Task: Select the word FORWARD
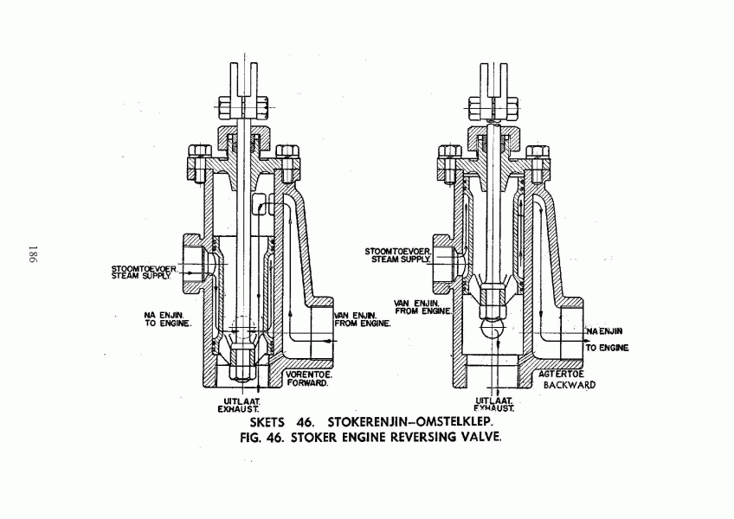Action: (x=307, y=383)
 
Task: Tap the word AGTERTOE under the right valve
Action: (x=561, y=375)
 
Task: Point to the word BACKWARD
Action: (x=570, y=385)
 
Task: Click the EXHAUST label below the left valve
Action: (x=238, y=409)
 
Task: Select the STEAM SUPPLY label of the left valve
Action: (x=141, y=276)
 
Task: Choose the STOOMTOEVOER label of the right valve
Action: (x=398, y=252)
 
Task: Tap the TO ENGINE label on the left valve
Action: (x=168, y=324)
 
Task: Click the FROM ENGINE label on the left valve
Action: (x=363, y=324)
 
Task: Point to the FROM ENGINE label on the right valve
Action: (x=423, y=311)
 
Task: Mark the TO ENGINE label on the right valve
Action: (x=607, y=348)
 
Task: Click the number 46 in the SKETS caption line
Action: (x=306, y=422)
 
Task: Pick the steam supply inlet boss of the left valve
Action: (x=193, y=264)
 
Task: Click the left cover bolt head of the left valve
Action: (x=200, y=151)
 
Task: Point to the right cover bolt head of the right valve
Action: (x=538, y=151)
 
